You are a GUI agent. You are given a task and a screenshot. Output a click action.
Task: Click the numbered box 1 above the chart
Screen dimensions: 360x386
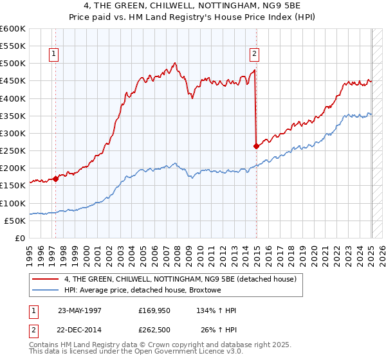(x=53, y=54)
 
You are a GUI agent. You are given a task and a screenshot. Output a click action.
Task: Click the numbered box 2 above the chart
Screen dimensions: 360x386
(x=255, y=54)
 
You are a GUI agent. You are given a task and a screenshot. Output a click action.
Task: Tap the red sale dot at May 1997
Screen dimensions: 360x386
(x=55, y=179)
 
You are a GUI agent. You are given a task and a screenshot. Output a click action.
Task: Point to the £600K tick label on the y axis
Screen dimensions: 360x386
(x=13, y=29)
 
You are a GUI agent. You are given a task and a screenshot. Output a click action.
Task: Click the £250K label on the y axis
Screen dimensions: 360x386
(x=13, y=151)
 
